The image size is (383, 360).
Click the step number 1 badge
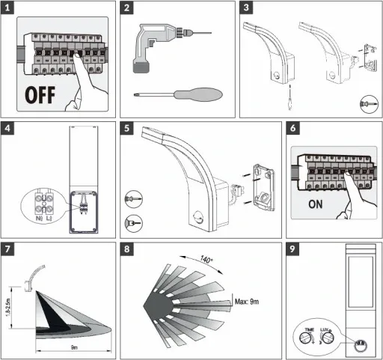9,9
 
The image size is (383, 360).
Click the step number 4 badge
9,128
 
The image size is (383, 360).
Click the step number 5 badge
129,128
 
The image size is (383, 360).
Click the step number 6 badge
295,128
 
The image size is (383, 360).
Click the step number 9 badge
295,249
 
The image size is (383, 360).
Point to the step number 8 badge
129,249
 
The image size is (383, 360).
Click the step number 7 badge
9,249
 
